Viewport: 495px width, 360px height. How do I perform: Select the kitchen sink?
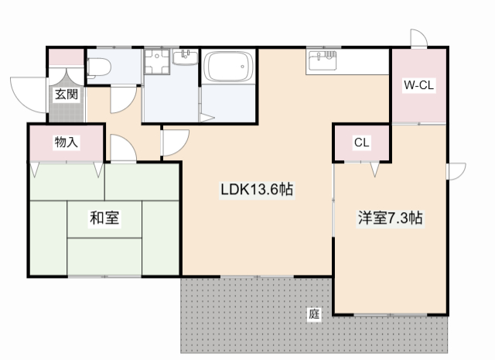click(323, 60)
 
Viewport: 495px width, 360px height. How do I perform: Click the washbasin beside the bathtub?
click(186, 59)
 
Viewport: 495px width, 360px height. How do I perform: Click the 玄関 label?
click(66, 94)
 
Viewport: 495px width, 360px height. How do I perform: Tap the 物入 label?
click(66, 142)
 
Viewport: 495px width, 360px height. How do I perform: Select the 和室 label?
click(104, 218)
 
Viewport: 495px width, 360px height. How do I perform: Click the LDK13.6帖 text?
click(256, 190)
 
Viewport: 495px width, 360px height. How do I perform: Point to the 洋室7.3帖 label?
click(390, 218)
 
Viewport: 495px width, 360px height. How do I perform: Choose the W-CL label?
click(418, 85)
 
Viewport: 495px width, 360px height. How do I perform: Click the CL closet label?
click(361, 142)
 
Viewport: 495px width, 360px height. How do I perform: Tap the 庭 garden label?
click(313, 314)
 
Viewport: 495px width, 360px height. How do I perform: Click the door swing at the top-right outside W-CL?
click(418, 39)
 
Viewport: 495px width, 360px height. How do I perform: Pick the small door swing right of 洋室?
click(456, 171)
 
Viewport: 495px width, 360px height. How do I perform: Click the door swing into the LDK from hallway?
click(175, 142)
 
